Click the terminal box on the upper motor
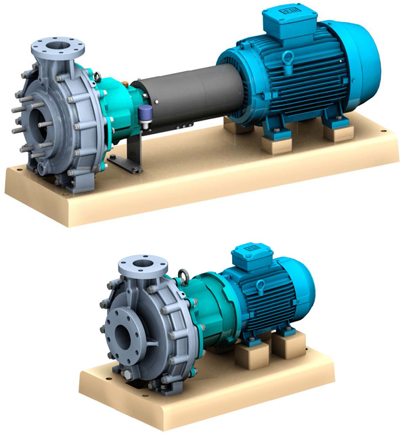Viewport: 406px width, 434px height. [282, 23]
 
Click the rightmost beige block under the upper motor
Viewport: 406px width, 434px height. [338, 131]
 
